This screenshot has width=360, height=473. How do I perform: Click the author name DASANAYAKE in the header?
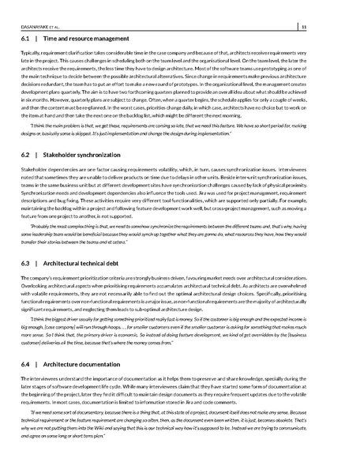tap(32, 25)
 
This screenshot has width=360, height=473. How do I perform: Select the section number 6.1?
tap(24, 38)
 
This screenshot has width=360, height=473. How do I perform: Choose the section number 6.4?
tap(24, 366)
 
